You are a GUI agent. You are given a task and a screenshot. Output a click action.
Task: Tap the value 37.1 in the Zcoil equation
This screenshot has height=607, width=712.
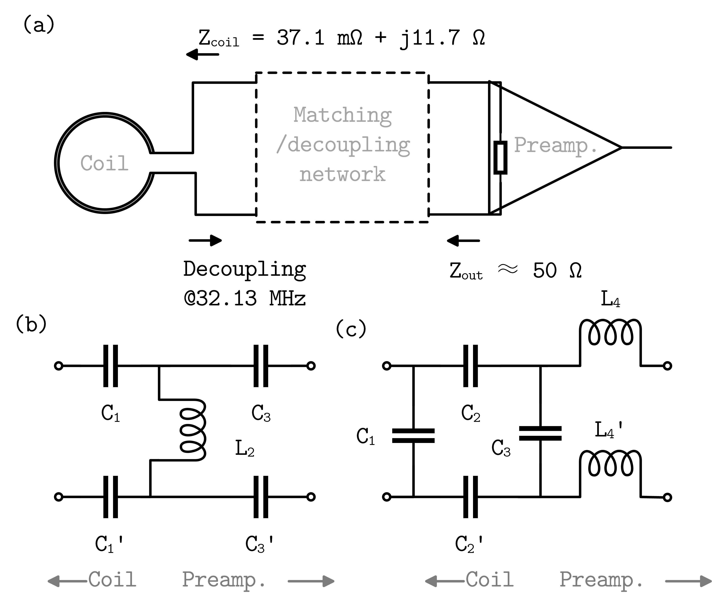click(x=300, y=38)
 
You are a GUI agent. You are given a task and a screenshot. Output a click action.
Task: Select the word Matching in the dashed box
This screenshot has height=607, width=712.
click(x=343, y=115)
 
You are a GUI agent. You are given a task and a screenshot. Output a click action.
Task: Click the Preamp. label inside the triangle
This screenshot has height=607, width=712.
click(x=556, y=146)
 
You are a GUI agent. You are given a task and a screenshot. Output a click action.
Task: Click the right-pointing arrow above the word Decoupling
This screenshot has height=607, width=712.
click(x=205, y=240)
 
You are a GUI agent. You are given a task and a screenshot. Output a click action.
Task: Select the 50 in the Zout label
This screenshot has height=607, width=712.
click(x=545, y=271)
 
